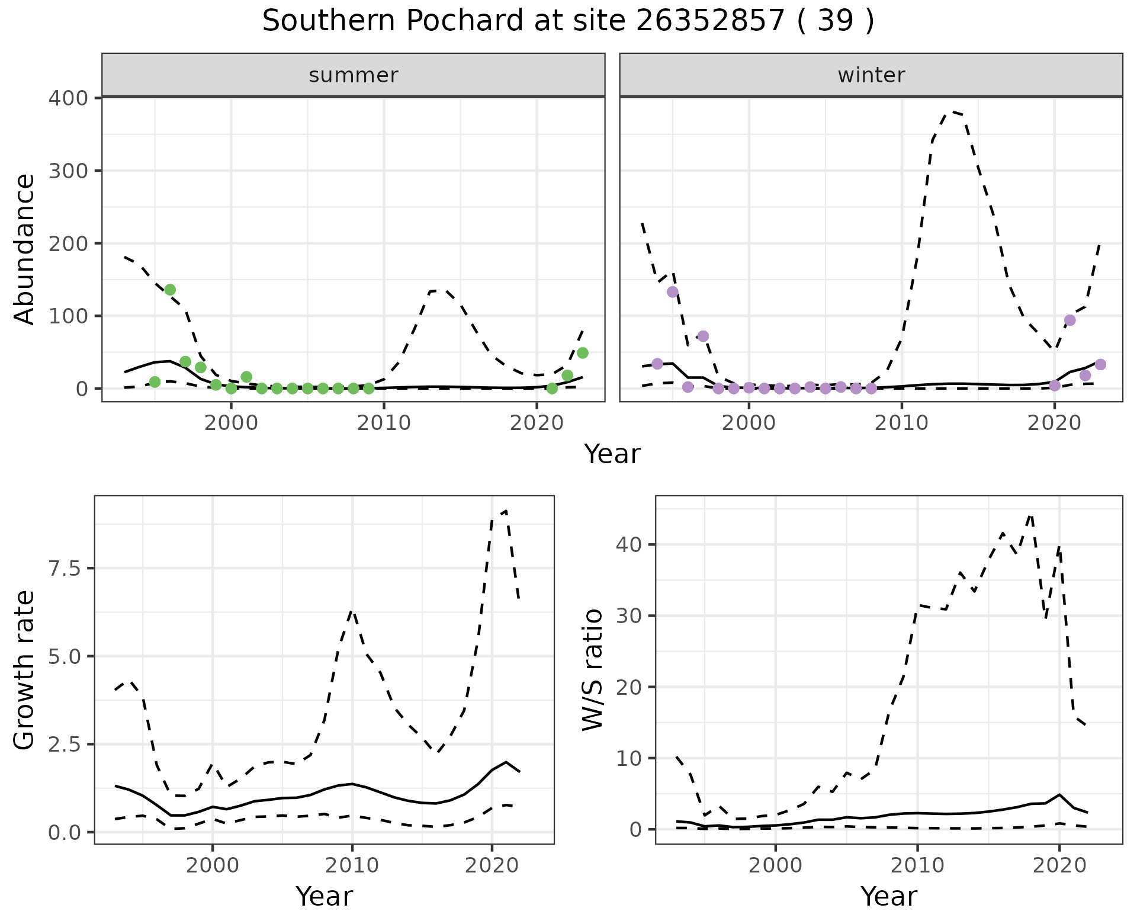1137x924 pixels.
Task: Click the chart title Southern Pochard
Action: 567,21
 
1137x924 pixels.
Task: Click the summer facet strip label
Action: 354,75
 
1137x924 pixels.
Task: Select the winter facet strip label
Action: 871,75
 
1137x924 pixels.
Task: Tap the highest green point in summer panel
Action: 170,290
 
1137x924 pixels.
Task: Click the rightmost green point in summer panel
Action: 582,353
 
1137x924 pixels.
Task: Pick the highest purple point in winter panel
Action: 672,291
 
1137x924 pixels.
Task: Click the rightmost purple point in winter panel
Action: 1100,364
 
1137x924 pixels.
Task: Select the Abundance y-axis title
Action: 25,249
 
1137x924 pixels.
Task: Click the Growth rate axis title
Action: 25,670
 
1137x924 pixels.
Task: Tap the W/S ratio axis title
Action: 592,669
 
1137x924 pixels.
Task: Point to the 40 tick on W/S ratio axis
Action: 629,544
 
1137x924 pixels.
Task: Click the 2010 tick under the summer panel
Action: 384,423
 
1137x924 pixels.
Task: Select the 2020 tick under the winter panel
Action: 1054,423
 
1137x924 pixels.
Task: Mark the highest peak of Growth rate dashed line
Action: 506,511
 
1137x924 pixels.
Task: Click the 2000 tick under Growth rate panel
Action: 212,866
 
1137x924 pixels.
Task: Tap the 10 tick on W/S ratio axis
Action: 629,758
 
